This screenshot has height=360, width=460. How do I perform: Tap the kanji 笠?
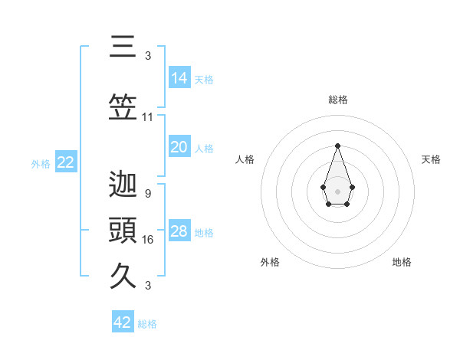click(123, 107)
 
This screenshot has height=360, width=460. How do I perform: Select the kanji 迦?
click(123, 184)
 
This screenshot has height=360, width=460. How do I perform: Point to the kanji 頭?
click(123, 230)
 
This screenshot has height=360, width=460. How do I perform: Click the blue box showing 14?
click(179, 77)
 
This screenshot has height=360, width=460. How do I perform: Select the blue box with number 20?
click(179, 147)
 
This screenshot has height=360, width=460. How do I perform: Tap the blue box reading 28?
click(179, 231)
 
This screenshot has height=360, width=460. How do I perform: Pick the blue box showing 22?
click(65, 162)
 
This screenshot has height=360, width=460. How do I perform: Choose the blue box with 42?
click(123, 322)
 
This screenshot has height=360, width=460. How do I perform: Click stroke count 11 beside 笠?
click(148, 117)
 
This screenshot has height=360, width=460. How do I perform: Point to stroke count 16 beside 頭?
click(148, 240)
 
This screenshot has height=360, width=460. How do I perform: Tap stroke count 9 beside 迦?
click(147, 194)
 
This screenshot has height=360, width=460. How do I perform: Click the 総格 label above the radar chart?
click(337, 100)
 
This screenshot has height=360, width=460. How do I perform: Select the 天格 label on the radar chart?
click(431, 159)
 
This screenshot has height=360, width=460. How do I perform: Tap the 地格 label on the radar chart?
click(402, 262)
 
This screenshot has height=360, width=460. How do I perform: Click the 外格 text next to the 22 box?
click(41, 163)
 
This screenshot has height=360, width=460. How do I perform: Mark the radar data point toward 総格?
click(337, 146)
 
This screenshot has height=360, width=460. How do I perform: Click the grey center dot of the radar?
click(337, 190)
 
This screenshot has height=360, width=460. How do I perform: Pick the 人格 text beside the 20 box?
click(204, 148)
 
